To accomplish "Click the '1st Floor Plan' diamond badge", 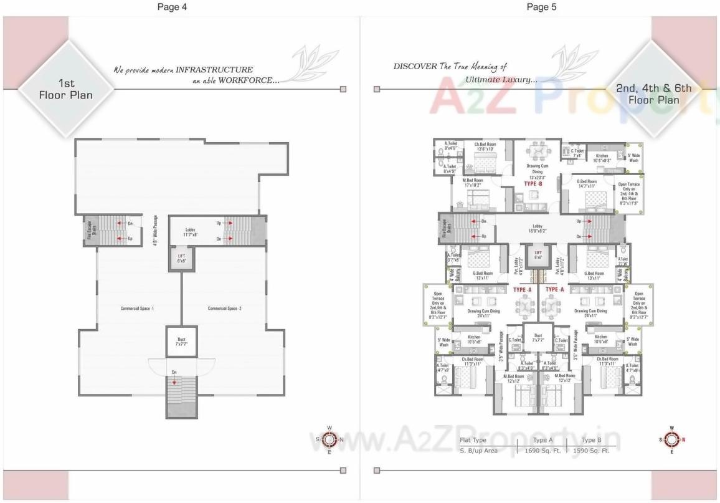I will coord(65,89).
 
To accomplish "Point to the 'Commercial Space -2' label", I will coord(224,309).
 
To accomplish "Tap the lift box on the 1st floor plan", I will coord(181,259).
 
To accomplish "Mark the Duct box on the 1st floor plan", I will coord(177,341).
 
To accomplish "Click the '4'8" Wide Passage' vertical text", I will coord(155,230).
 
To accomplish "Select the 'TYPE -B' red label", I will coord(533,185).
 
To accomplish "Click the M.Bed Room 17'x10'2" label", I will coord(473,183).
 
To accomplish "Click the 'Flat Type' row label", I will coord(473,440).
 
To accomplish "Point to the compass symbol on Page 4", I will coord(330,439).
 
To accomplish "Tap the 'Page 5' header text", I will coord(541,7).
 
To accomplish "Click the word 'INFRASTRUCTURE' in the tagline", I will coord(214,70).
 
